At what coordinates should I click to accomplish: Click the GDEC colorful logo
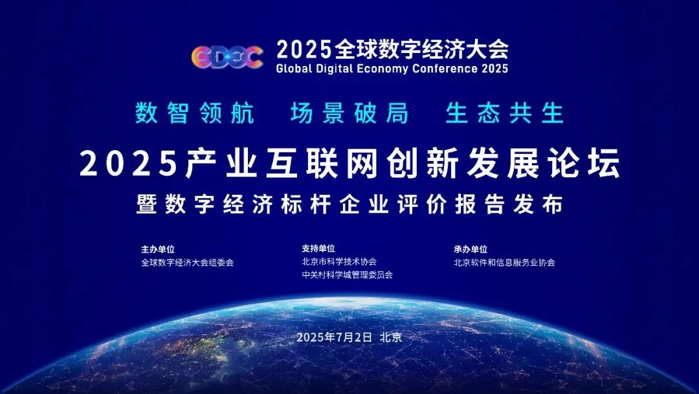[227, 58]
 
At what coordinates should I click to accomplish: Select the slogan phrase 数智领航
[195, 113]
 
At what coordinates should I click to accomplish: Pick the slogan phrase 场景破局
[349, 113]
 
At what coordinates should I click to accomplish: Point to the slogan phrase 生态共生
[505, 113]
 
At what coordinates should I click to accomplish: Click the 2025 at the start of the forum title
[128, 164]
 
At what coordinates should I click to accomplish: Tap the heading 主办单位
[158, 249]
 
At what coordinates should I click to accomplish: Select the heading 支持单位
[318, 248]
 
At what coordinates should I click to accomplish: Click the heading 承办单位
[471, 249]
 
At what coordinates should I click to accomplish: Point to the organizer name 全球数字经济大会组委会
[187, 263]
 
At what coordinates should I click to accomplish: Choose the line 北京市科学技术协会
[339, 261]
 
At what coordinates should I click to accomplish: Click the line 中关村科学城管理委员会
[348, 274]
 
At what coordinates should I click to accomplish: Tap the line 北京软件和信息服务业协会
[504, 263]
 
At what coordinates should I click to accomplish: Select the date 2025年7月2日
[335, 338]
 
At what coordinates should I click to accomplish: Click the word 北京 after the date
[392, 338]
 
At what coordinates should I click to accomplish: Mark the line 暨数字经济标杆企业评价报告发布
[349, 204]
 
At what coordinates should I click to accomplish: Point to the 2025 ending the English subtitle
[494, 68]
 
